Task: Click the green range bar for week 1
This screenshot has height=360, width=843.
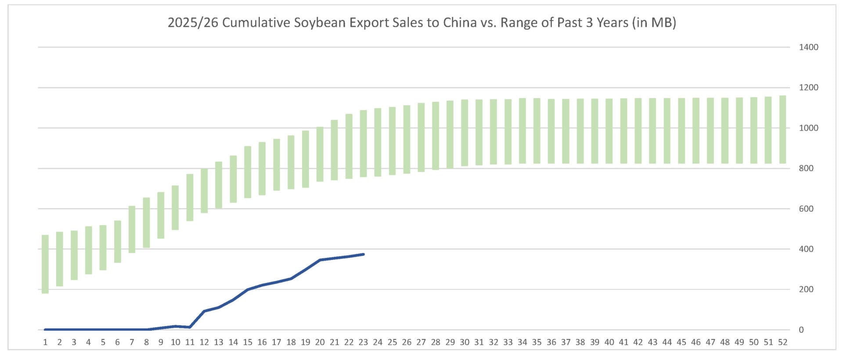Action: point(45,264)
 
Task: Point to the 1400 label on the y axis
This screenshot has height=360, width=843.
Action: point(808,47)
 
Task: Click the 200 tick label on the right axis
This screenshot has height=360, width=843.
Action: point(806,289)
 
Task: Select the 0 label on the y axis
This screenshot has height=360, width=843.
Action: point(801,330)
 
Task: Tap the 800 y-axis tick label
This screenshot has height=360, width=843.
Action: point(806,168)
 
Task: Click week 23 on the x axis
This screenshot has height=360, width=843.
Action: point(363,342)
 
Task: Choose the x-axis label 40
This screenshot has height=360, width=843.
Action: point(609,342)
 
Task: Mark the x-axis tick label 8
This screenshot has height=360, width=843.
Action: point(146,342)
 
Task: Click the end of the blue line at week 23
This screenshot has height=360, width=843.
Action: point(363,254)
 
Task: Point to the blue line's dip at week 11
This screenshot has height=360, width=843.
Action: point(190,327)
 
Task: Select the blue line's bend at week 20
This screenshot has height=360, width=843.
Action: point(320,260)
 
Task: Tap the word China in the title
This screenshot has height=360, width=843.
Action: point(460,22)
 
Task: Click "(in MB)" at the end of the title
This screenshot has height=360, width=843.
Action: point(654,22)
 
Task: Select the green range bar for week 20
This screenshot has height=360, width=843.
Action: point(320,154)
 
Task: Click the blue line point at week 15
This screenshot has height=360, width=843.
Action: point(248,290)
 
